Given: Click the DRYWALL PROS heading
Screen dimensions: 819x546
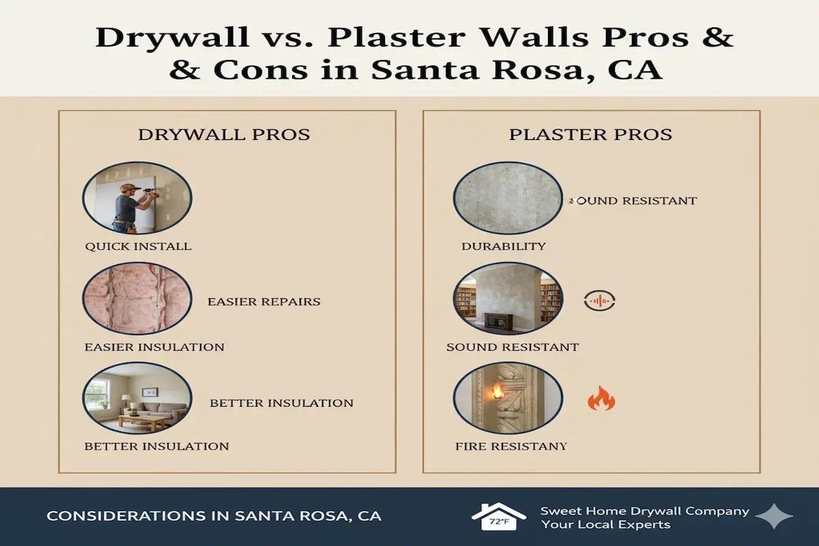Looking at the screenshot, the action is [224, 134].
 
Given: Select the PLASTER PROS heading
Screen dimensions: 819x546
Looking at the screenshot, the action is [590, 134].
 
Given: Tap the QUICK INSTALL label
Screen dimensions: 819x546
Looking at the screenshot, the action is [138, 246].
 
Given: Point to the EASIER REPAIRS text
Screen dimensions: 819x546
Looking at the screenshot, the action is [264, 302].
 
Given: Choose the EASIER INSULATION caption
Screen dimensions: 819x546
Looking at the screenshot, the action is [154, 347].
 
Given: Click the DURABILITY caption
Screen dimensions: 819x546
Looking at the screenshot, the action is [504, 246].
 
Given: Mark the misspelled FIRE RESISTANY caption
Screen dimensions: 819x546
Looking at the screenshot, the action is [511, 446].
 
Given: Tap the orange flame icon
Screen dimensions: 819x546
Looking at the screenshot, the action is [601, 399].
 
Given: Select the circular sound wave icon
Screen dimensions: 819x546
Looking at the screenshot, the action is [600, 300].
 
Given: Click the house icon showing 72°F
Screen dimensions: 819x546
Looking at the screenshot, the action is [499, 517].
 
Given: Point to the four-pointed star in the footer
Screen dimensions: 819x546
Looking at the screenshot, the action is [774, 516].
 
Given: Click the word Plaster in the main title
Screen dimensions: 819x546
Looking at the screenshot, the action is [397, 38].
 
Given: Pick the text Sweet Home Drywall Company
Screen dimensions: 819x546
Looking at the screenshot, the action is [644, 511].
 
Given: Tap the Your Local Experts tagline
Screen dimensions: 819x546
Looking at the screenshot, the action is [606, 525].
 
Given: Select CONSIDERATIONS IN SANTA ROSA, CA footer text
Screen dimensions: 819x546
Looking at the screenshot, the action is [214, 516].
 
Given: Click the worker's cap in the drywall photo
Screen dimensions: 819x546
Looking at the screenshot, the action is [131, 187].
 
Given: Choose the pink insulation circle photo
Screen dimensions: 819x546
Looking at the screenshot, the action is [137, 298].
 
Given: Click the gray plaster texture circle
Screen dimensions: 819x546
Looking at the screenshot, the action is [508, 198].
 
